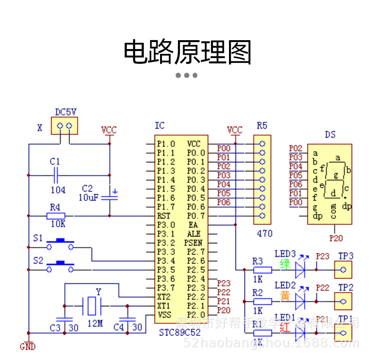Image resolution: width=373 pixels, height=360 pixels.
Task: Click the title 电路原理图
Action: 187,52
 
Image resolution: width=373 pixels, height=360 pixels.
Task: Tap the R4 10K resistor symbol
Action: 55,216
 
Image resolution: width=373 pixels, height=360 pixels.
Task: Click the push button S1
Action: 60,244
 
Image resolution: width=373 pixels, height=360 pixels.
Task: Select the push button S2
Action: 60,267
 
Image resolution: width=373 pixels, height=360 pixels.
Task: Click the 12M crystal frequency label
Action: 95,324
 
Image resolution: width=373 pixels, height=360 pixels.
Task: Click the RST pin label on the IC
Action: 164,216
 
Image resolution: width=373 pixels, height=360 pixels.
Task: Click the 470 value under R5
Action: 265,233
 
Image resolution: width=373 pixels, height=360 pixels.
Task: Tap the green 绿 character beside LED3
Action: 285,264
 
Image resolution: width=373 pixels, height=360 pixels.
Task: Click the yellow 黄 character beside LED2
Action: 285,296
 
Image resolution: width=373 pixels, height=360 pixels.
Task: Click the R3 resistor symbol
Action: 263,270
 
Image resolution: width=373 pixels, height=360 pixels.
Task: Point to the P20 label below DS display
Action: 336,239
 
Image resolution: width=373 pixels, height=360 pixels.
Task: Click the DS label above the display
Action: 330,135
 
